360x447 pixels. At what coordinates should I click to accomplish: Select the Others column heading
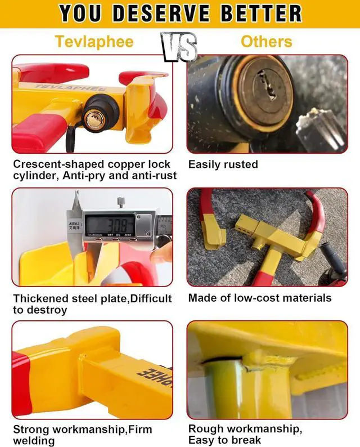pyautogui.click(x=266, y=42)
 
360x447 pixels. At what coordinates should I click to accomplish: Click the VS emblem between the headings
pyautogui.click(x=179, y=46)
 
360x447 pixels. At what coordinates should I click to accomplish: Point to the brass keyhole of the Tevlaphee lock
pyautogui.click(x=91, y=118)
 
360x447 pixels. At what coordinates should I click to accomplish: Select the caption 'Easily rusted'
pyautogui.click(x=223, y=164)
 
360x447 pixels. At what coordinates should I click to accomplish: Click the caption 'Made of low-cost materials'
pyautogui.click(x=259, y=298)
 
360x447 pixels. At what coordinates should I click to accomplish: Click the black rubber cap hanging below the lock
pyautogui.click(x=71, y=140)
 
